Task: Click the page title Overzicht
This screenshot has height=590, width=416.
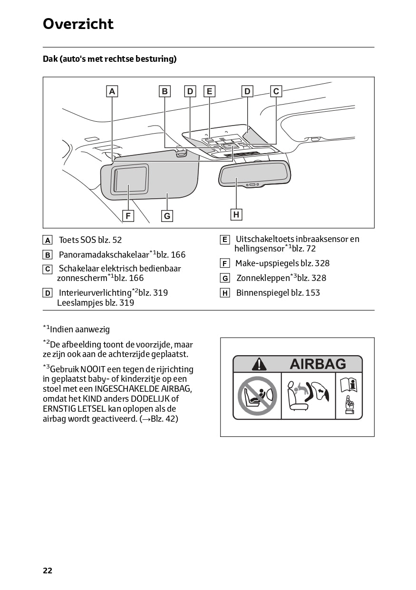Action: pyautogui.click(x=78, y=24)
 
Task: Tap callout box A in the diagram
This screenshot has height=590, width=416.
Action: pyautogui.click(x=112, y=91)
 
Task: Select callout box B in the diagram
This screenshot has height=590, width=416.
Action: pyautogui.click(x=164, y=91)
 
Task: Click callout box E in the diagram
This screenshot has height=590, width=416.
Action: pyautogui.click(x=209, y=91)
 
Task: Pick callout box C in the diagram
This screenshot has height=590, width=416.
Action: pyautogui.click(x=276, y=91)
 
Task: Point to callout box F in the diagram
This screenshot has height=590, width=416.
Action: pyautogui.click(x=128, y=216)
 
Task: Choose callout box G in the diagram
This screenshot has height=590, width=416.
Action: pyautogui.click(x=167, y=216)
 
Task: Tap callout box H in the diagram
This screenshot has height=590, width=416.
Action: pyautogui.click(x=236, y=215)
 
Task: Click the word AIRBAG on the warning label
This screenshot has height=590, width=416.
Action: pyautogui.click(x=318, y=364)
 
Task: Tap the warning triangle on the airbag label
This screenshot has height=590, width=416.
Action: pyautogui.click(x=259, y=364)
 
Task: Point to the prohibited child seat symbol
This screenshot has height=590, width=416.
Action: pyautogui.click(x=257, y=395)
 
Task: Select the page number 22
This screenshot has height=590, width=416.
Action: pyautogui.click(x=48, y=571)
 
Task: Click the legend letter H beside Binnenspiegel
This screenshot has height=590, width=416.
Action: pyautogui.click(x=225, y=293)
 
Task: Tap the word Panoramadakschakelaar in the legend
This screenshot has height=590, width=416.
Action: pyautogui.click(x=104, y=255)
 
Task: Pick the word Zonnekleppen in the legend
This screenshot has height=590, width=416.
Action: pyautogui.click(x=263, y=278)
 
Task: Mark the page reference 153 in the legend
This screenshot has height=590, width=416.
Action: pyautogui.click(x=312, y=293)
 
